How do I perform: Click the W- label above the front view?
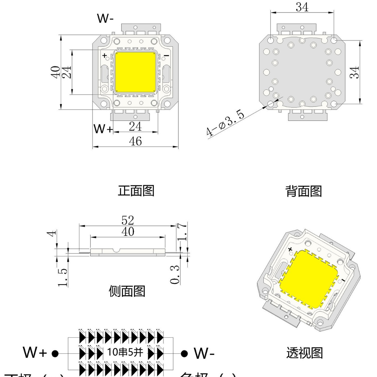(x=105, y=18)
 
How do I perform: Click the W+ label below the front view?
(x=103, y=129)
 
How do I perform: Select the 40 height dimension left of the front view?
(x=55, y=72)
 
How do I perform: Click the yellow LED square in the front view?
(x=135, y=72)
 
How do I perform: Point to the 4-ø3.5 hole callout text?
(x=225, y=123)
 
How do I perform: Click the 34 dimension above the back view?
(x=302, y=7)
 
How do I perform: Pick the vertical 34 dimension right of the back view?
(x=355, y=72)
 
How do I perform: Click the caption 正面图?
(x=136, y=191)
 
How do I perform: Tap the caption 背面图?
(x=304, y=191)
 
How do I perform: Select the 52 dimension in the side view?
(x=127, y=220)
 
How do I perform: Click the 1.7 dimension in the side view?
(x=182, y=232)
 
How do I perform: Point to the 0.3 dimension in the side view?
(x=175, y=275)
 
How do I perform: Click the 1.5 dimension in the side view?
(x=62, y=277)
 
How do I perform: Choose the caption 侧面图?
(x=127, y=291)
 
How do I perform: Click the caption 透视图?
(x=304, y=353)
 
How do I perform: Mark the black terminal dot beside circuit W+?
(x=55, y=354)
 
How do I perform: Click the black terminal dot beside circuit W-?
(x=184, y=354)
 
